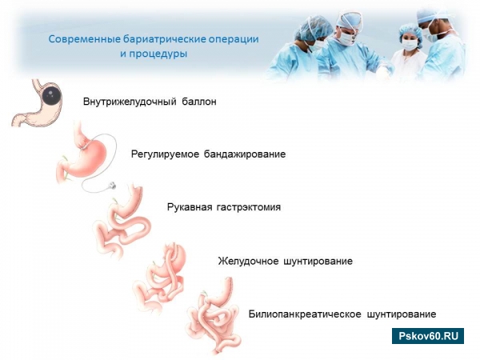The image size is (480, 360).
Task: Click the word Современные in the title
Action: (85, 39)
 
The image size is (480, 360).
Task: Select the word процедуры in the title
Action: (158, 54)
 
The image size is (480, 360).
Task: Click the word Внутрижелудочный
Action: (130, 102)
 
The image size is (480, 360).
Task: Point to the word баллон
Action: (199, 102)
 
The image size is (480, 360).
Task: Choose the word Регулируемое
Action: (165, 154)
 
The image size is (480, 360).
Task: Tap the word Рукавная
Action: (190, 207)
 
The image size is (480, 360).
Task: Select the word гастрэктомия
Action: (249, 207)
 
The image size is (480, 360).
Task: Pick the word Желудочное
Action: (248, 261)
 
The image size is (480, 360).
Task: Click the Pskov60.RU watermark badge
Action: (428, 336)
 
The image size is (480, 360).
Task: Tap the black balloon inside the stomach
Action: (50, 95)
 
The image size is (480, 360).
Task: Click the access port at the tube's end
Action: (112, 186)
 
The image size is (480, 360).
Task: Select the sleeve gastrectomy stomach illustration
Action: (122, 222)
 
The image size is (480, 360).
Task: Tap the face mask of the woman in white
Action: (410, 45)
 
